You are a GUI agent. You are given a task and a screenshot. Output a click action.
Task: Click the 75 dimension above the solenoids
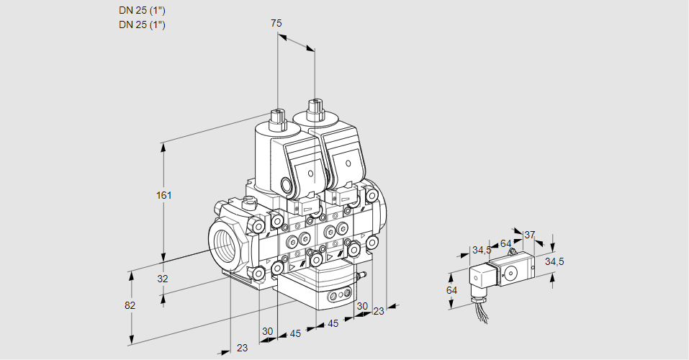tap(276, 23)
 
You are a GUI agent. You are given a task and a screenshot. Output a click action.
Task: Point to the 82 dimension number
tap(130, 305)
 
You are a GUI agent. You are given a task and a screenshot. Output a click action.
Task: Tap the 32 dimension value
tap(162, 279)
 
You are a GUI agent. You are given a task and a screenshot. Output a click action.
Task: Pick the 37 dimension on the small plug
tap(530, 235)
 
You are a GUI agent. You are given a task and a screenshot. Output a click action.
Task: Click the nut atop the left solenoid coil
tap(277, 117)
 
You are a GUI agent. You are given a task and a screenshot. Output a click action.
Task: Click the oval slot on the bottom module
tap(336, 296)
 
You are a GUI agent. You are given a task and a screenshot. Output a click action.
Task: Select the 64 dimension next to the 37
tap(505, 243)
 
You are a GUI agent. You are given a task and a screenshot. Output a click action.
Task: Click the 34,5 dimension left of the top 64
tap(482, 251)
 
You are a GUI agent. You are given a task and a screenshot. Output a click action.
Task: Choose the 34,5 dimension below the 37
tap(554, 261)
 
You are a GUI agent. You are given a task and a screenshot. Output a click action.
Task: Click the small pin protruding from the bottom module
tap(364, 274)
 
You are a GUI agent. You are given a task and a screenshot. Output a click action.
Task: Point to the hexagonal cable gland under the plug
tap(477, 293)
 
